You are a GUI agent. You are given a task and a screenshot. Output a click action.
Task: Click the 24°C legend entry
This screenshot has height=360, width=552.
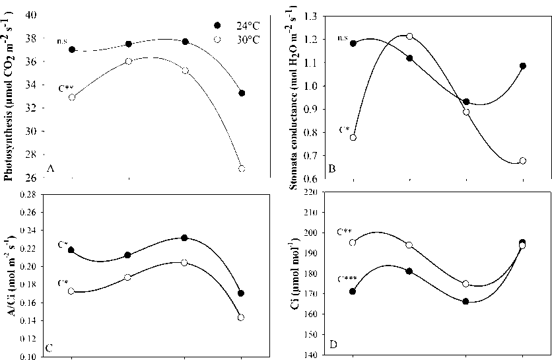pyautogui.click(x=234, y=25)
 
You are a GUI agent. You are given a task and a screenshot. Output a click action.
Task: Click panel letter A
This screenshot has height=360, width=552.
pyautogui.click(x=50, y=170)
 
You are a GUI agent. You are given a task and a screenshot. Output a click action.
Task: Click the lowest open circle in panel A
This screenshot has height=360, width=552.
pyautogui.click(x=242, y=168)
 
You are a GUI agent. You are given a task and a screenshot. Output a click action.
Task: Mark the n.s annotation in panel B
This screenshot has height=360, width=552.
pyautogui.click(x=342, y=38)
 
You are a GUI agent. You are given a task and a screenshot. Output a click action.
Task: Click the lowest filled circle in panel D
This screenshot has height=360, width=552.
pyautogui.click(x=466, y=301)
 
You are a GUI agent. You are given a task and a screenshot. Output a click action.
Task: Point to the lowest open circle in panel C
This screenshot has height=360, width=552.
pyautogui.click(x=242, y=318)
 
